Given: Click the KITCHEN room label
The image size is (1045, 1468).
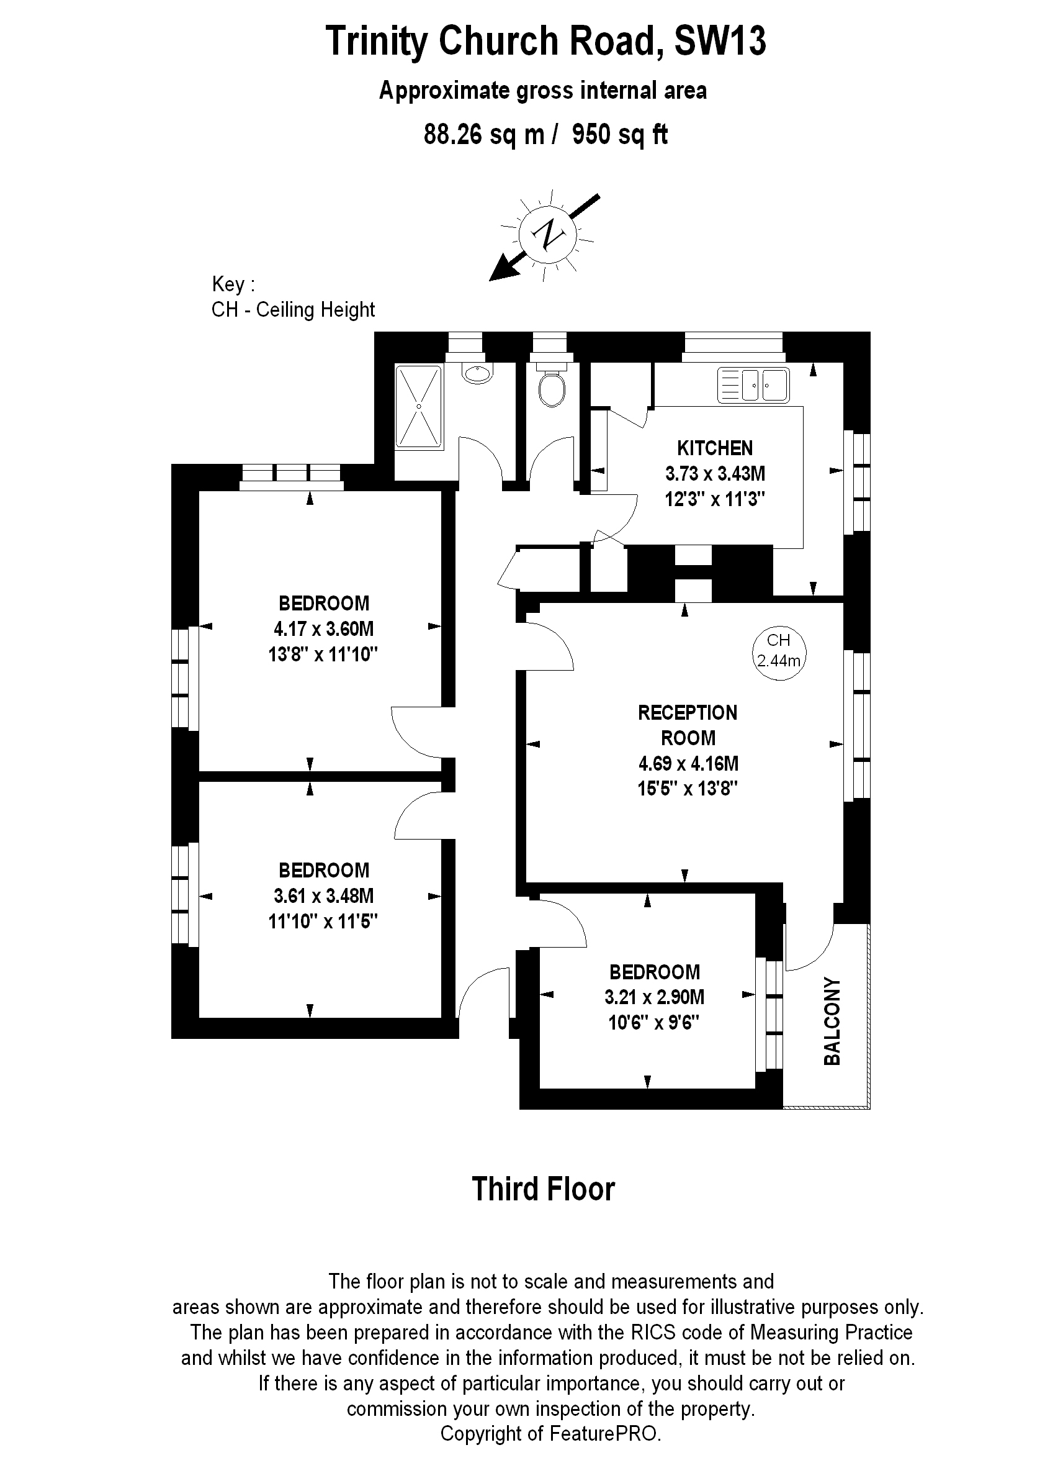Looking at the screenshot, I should click(x=714, y=448).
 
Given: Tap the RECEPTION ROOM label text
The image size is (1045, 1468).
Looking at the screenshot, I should click(x=687, y=725).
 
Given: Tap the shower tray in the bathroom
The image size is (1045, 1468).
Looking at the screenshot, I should click(x=418, y=406).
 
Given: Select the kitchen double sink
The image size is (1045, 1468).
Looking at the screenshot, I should click(x=753, y=386).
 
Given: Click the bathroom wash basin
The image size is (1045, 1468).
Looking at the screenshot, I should click(x=477, y=372).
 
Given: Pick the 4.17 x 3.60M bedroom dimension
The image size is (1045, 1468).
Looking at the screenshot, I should click(x=323, y=628).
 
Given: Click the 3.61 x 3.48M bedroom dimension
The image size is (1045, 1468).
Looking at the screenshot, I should click(x=323, y=895).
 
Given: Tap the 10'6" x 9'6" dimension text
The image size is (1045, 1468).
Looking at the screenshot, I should click(x=654, y=1023).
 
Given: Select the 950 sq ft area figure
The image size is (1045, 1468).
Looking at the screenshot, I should click(x=620, y=135).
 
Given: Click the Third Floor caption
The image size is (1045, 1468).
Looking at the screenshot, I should click(x=543, y=1189).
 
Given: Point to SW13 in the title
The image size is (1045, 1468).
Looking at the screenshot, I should click(x=719, y=41).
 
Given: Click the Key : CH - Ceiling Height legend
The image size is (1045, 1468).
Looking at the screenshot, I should click(x=293, y=297).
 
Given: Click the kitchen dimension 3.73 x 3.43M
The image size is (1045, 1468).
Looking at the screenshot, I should click(x=714, y=474).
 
